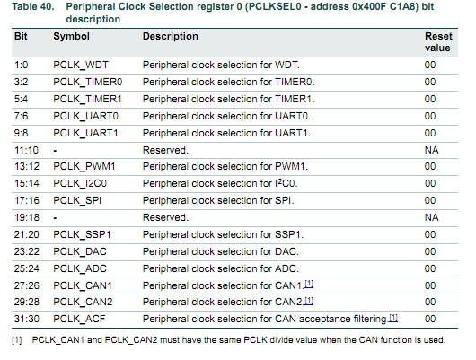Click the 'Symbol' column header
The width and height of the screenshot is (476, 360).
(x=71, y=36)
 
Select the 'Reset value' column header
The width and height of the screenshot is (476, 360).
(x=438, y=42)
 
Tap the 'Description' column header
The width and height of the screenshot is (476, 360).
(x=171, y=36)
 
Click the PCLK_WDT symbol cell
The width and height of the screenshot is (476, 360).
(x=81, y=66)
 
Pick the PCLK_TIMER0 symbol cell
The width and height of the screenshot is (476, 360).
(x=88, y=83)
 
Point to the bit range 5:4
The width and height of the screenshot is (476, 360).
(x=21, y=99)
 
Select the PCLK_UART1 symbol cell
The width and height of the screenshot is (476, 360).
(x=85, y=133)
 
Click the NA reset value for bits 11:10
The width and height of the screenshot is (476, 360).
(x=431, y=150)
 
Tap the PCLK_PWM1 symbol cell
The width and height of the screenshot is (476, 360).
(x=84, y=167)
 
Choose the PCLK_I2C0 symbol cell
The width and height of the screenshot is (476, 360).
(x=80, y=184)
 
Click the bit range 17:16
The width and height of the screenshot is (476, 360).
(x=27, y=200)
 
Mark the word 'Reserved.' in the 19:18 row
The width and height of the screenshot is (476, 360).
(x=165, y=217)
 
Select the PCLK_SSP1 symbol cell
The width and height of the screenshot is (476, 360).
(x=82, y=234)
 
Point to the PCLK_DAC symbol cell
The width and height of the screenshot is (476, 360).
(x=80, y=251)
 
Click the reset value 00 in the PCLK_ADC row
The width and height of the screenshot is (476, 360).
(x=430, y=268)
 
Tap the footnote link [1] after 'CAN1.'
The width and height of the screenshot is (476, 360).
(x=309, y=284)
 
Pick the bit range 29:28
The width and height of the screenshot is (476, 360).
(x=27, y=302)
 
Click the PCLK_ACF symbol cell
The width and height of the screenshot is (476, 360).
(x=79, y=319)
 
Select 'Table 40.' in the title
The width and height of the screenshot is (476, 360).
(x=33, y=6)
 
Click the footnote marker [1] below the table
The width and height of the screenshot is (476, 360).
(x=17, y=340)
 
